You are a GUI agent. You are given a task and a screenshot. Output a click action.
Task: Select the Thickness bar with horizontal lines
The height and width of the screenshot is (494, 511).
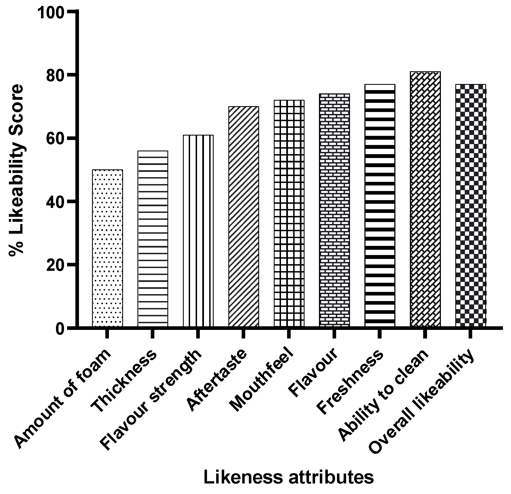[153, 239]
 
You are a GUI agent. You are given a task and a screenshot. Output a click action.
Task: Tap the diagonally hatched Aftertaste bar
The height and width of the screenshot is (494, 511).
[244, 217]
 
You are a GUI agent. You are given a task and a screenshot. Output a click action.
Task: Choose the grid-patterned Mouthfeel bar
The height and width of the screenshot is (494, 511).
[289, 213]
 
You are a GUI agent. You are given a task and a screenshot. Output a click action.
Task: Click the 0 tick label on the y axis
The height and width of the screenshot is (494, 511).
[60, 328]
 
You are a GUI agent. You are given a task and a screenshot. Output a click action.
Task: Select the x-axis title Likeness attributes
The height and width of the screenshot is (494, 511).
[288, 477]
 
